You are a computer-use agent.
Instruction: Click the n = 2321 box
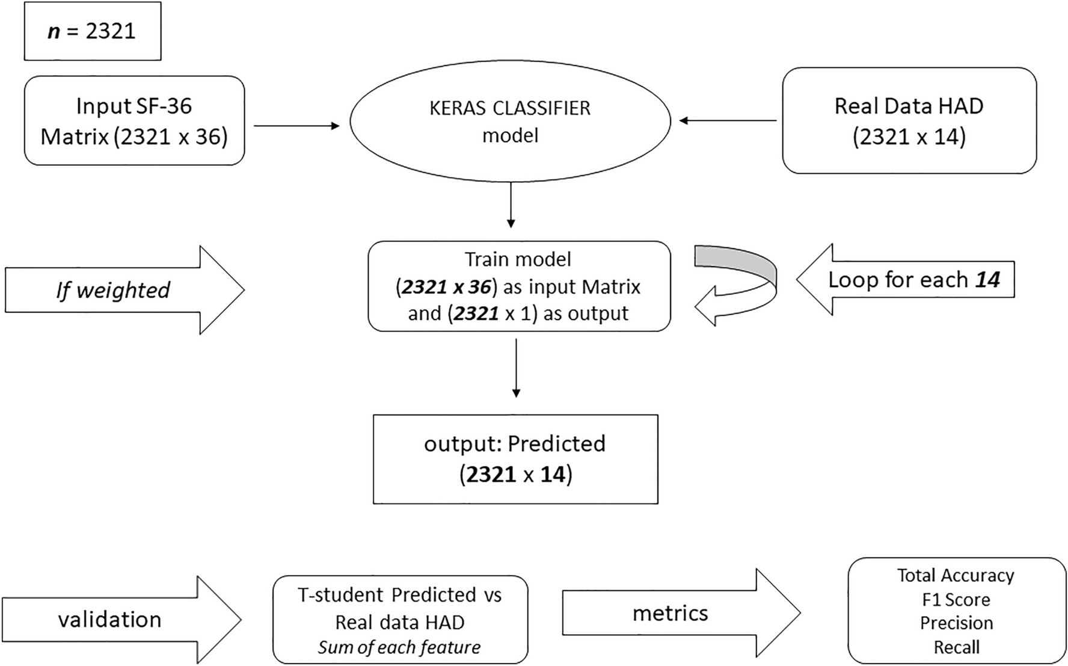pyautogui.click(x=92, y=31)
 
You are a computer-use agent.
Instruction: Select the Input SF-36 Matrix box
pyautogui.click(x=134, y=121)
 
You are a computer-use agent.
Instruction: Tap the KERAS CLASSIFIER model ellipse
pyautogui.click(x=510, y=121)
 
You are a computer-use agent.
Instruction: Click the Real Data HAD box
pyautogui.click(x=909, y=121)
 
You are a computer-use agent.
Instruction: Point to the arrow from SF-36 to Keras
pyautogui.click(x=296, y=126)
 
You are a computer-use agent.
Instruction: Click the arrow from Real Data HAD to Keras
pyautogui.click(x=728, y=121)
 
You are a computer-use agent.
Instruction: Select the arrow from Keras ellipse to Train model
pyautogui.click(x=511, y=205)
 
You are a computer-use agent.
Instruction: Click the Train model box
pyautogui.click(x=518, y=286)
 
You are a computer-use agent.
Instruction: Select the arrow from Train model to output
pyautogui.click(x=515, y=367)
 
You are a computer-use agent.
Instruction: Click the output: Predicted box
pyautogui.click(x=515, y=459)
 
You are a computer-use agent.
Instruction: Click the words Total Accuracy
pyautogui.click(x=956, y=576)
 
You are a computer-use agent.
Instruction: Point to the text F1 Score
pyautogui.click(x=956, y=600)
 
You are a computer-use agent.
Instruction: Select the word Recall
pyautogui.click(x=956, y=647)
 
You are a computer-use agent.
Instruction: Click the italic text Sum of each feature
pyautogui.click(x=399, y=647)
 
